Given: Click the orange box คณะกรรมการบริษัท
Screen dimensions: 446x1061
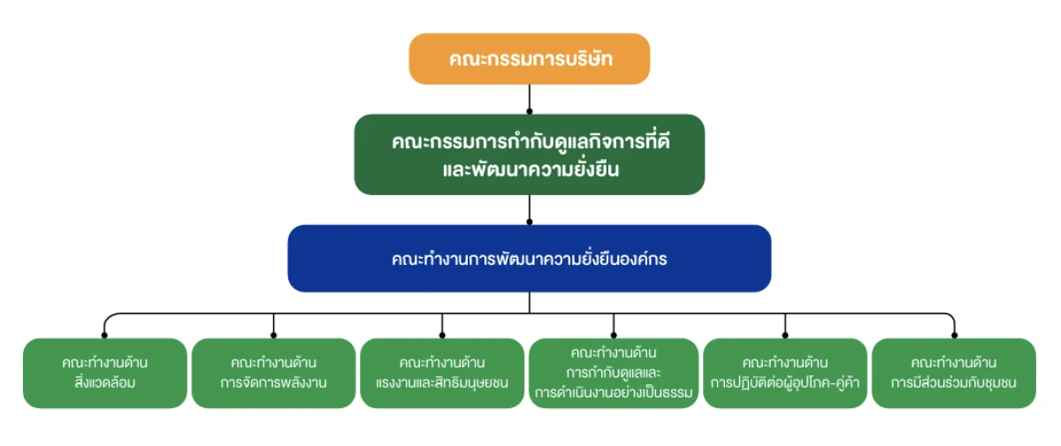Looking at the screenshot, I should [x=529, y=59].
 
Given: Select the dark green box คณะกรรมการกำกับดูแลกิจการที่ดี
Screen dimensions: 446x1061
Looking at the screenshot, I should [x=529, y=154].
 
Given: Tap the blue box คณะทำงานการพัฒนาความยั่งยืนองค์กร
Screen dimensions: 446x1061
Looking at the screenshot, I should [x=529, y=259].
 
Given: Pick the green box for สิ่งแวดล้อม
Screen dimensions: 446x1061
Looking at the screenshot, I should [x=105, y=373].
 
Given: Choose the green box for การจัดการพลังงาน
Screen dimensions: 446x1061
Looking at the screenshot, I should [x=273, y=373].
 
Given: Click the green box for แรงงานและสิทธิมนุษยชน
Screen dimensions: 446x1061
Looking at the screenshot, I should [x=442, y=373].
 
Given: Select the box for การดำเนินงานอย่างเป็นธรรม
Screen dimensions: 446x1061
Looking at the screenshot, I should [x=613, y=373].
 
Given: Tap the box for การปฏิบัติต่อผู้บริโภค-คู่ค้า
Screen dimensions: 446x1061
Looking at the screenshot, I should [x=785, y=373].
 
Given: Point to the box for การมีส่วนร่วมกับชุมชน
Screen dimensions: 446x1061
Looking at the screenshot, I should [x=953, y=373].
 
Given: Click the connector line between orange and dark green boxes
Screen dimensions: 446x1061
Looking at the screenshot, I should [x=529, y=97].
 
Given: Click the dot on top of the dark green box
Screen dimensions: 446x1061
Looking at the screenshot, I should [x=529, y=112].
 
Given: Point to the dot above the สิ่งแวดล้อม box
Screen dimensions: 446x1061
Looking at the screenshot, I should [x=105, y=336].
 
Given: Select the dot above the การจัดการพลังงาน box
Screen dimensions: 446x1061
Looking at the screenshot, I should [x=273, y=336].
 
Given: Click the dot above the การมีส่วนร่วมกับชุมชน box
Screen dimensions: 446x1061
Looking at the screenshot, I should [x=954, y=336].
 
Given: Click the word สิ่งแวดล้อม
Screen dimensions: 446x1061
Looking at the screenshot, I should [x=105, y=383].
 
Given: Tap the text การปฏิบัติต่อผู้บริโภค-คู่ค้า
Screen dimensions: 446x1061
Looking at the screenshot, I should [x=785, y=383].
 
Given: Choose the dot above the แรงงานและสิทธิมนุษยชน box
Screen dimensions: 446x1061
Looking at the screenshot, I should [x=442, y=336].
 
